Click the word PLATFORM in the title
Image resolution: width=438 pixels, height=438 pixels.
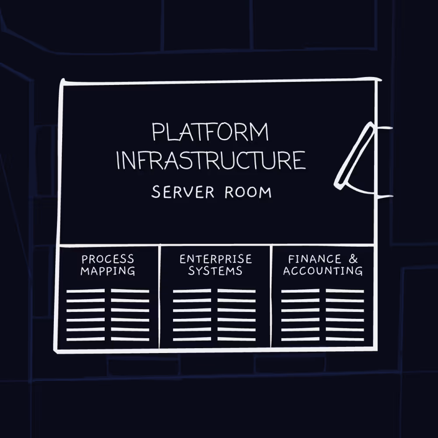pyautogui.click(x=210, y=132)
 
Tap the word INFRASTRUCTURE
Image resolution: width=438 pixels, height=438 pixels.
pyautogui.click(x=210, y=160)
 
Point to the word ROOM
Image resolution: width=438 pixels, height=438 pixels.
pyautogui.click(x=248, y=192)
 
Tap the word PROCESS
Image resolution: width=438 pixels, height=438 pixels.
pyautogui.click(x=108, y=259)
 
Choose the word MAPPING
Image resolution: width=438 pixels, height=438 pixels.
pyautogui.click(x=108, y=271)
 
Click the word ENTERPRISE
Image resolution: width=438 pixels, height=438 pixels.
pyautogui.click(x=215, y=259)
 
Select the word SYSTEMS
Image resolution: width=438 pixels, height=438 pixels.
pyautogui.click(x=215, y=271)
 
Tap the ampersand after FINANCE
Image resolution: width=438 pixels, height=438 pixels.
pyautogui.click(x=353, y=259)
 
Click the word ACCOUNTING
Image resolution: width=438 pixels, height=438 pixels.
pyautogui.click(x=323, y=271)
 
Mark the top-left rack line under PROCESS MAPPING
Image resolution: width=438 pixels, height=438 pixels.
pyautogui.click(x=85, y=291)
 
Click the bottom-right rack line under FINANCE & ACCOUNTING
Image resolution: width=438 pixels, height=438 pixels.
pyautogui.click(x=345, y=339)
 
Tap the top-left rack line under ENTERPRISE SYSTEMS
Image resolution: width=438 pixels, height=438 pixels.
pyautogui.click(x=192, y=291)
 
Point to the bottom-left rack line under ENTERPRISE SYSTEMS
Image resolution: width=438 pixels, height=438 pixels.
pyautogui.click(x=192, y=339)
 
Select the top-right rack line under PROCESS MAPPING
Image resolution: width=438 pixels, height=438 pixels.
pyautogui.click(x=130, y=291)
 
